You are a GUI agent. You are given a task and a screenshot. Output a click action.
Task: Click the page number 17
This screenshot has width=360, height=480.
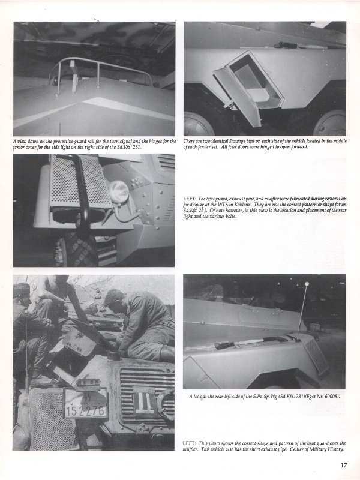343,466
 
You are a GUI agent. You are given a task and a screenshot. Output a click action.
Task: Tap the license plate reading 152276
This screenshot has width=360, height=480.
86,403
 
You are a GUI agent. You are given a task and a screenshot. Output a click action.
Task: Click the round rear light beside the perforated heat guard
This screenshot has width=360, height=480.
118,191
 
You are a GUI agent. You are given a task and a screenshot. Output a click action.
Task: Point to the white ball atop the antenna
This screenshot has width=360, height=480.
307,284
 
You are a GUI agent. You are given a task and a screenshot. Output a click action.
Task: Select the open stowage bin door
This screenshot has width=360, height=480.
237,97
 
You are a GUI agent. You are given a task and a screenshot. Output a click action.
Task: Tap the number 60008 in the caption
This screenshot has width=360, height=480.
331,397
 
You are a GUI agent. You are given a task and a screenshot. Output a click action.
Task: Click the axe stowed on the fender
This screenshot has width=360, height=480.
251,342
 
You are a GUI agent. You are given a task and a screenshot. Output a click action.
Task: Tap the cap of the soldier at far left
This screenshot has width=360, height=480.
21,289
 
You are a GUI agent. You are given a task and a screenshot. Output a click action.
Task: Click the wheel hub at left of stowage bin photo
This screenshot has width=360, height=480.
199,125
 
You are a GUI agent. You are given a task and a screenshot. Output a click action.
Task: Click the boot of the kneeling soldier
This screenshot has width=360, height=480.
167,353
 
